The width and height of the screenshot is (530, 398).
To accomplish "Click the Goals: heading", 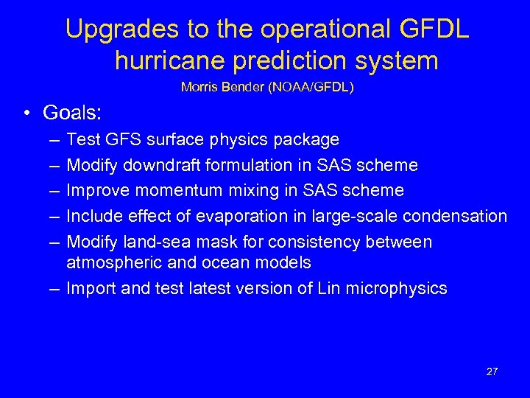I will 72,113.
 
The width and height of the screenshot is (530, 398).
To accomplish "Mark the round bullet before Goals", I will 26,114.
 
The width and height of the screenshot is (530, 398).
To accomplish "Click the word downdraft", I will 155,165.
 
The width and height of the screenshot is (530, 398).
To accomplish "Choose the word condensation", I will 460,216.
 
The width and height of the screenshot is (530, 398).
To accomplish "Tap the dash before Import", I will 55,288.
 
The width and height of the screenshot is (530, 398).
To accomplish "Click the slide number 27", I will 492,371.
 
